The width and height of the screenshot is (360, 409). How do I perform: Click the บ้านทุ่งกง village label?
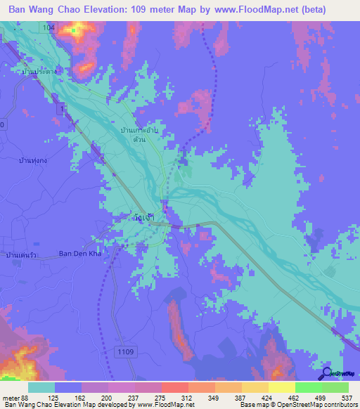tap(34, 160)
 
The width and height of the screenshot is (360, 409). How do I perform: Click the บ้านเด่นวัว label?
tap(21, 254)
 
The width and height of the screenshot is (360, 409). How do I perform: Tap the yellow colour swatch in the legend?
tap(281, 387)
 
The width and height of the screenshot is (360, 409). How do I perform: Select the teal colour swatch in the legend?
tap(41, 387)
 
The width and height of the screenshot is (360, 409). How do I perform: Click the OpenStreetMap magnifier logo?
tap(326, 373)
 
